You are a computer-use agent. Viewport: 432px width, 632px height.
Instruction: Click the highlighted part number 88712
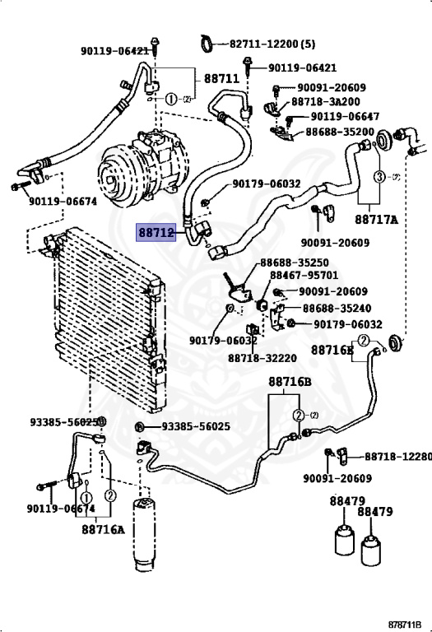(156, 233)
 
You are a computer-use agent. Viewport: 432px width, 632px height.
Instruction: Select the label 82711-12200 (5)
(272, 44)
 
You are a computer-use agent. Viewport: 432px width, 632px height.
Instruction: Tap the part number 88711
(221, 78)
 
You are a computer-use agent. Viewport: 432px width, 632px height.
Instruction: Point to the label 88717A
(376, 219)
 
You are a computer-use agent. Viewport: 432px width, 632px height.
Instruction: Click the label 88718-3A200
(326, 101)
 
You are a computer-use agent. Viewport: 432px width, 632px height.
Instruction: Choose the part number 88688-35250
(295, 263)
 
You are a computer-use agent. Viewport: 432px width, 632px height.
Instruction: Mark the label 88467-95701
(304, 276)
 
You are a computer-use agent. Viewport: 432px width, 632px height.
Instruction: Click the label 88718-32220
(262, 358)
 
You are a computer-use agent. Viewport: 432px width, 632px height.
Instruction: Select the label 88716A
(103, 529)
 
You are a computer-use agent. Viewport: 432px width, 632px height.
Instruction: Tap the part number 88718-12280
(398, 456)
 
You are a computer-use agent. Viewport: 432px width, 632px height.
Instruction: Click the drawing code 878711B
(405, 624)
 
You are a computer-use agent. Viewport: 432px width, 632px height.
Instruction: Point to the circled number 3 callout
(379, 177)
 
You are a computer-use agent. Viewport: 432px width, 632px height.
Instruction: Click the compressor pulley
(116, 177)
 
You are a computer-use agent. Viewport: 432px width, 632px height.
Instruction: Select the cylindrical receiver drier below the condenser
(144, 534)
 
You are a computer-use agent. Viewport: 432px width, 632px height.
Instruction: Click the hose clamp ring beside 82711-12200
(208, 43)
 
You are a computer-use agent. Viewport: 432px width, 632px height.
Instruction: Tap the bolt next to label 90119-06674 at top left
(21, 187)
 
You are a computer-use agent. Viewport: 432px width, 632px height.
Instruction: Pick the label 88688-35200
(340, 132)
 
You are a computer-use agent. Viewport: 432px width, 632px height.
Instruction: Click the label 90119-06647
(345, 117)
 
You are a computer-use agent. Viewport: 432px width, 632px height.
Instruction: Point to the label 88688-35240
(337, 309)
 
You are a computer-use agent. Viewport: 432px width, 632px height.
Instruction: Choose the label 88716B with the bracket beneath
(290, 381)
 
